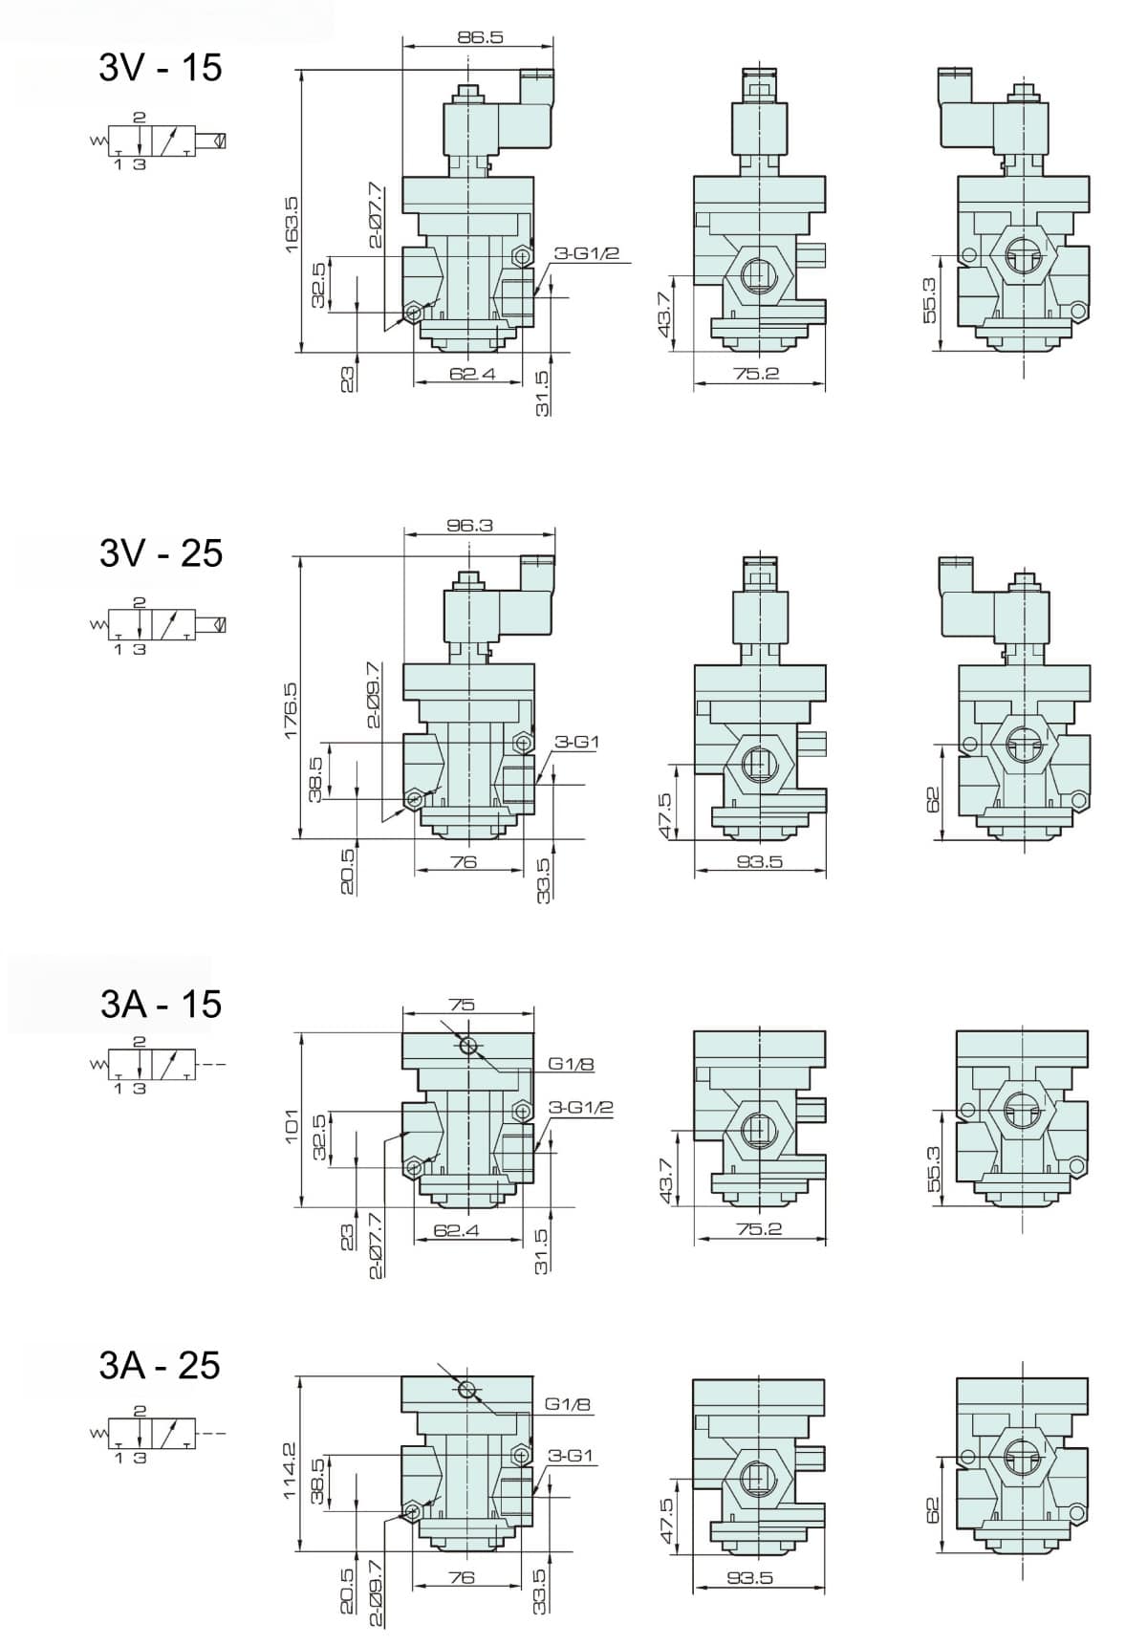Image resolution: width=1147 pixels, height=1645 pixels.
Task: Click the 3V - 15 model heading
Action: [161, 68]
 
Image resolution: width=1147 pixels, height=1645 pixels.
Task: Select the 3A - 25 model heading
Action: [160, 1365]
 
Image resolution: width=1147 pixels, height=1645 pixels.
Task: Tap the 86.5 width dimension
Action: [480, 37]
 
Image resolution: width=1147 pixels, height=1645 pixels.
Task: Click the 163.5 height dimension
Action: [292, 225]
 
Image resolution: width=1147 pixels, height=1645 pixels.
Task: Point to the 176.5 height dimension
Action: [292, 708]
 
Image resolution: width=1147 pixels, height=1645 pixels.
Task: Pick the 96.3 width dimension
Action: [469, 525]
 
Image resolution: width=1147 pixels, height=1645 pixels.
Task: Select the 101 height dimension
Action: [292, 1126]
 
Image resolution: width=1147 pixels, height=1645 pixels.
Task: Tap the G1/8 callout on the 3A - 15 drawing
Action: [572, 1064]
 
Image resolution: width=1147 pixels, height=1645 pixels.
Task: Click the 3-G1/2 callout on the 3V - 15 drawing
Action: [587, 253]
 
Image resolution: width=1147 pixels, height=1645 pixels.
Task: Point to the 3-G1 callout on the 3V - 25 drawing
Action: [577, 742]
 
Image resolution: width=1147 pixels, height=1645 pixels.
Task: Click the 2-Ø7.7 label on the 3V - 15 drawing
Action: [376, 215]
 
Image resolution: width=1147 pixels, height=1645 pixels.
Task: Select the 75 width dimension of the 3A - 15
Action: [462, 1005]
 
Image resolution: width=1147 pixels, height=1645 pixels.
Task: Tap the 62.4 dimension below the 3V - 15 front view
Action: [472, 374]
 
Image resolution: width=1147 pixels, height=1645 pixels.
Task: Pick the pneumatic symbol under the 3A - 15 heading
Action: [158, 1064]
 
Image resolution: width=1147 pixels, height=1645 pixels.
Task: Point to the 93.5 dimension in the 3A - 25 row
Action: [749, 1578]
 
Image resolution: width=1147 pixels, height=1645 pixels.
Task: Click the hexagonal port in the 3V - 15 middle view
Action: [756, 273]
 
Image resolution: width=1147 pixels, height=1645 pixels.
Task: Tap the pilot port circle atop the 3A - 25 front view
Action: [467, 1389]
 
